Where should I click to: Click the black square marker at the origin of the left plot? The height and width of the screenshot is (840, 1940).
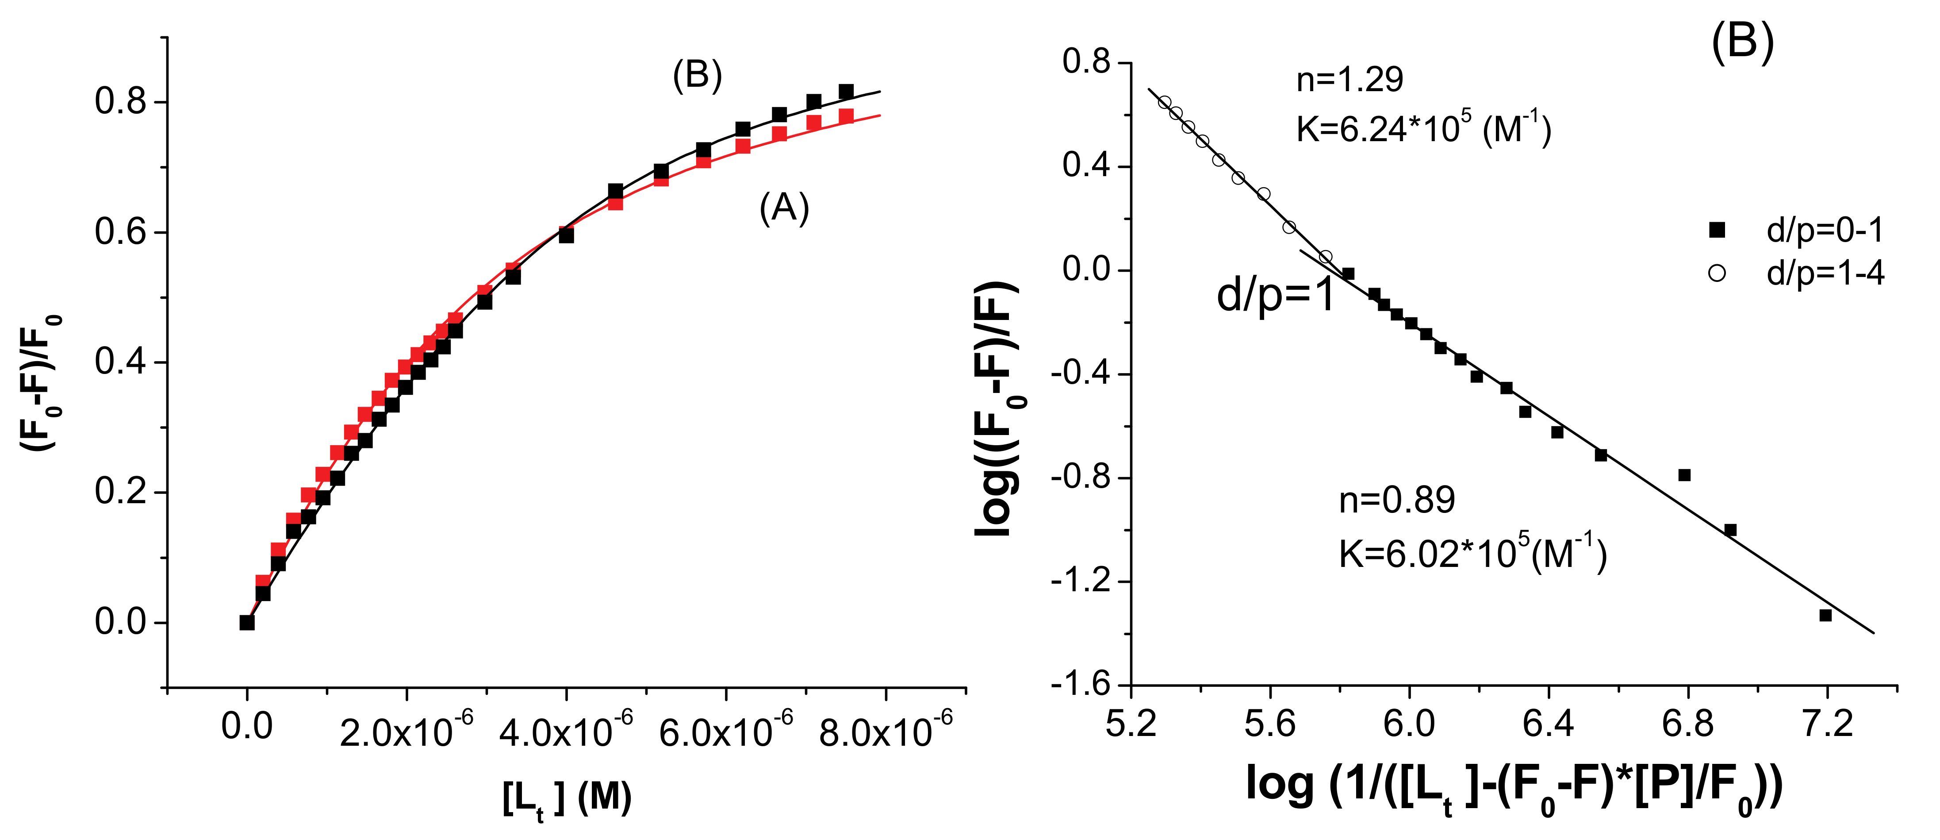click(246, 622)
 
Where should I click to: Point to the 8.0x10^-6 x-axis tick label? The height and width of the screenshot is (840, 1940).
click(886, 729)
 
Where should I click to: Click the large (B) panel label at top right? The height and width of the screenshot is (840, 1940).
click(1742, 42)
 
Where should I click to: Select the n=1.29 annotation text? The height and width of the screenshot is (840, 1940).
click(1350, 80)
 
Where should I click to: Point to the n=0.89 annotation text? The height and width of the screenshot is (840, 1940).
click(1396, 500)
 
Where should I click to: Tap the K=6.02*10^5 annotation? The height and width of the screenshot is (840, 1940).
click(1472, 554)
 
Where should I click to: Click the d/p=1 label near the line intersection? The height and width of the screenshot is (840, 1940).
click(1275, 295)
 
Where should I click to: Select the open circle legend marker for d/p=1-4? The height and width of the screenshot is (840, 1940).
click(1717, 273)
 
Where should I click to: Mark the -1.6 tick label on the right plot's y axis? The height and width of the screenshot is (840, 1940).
click(1081, 684)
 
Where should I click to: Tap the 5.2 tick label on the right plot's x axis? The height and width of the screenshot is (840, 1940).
click(1131, 725)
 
